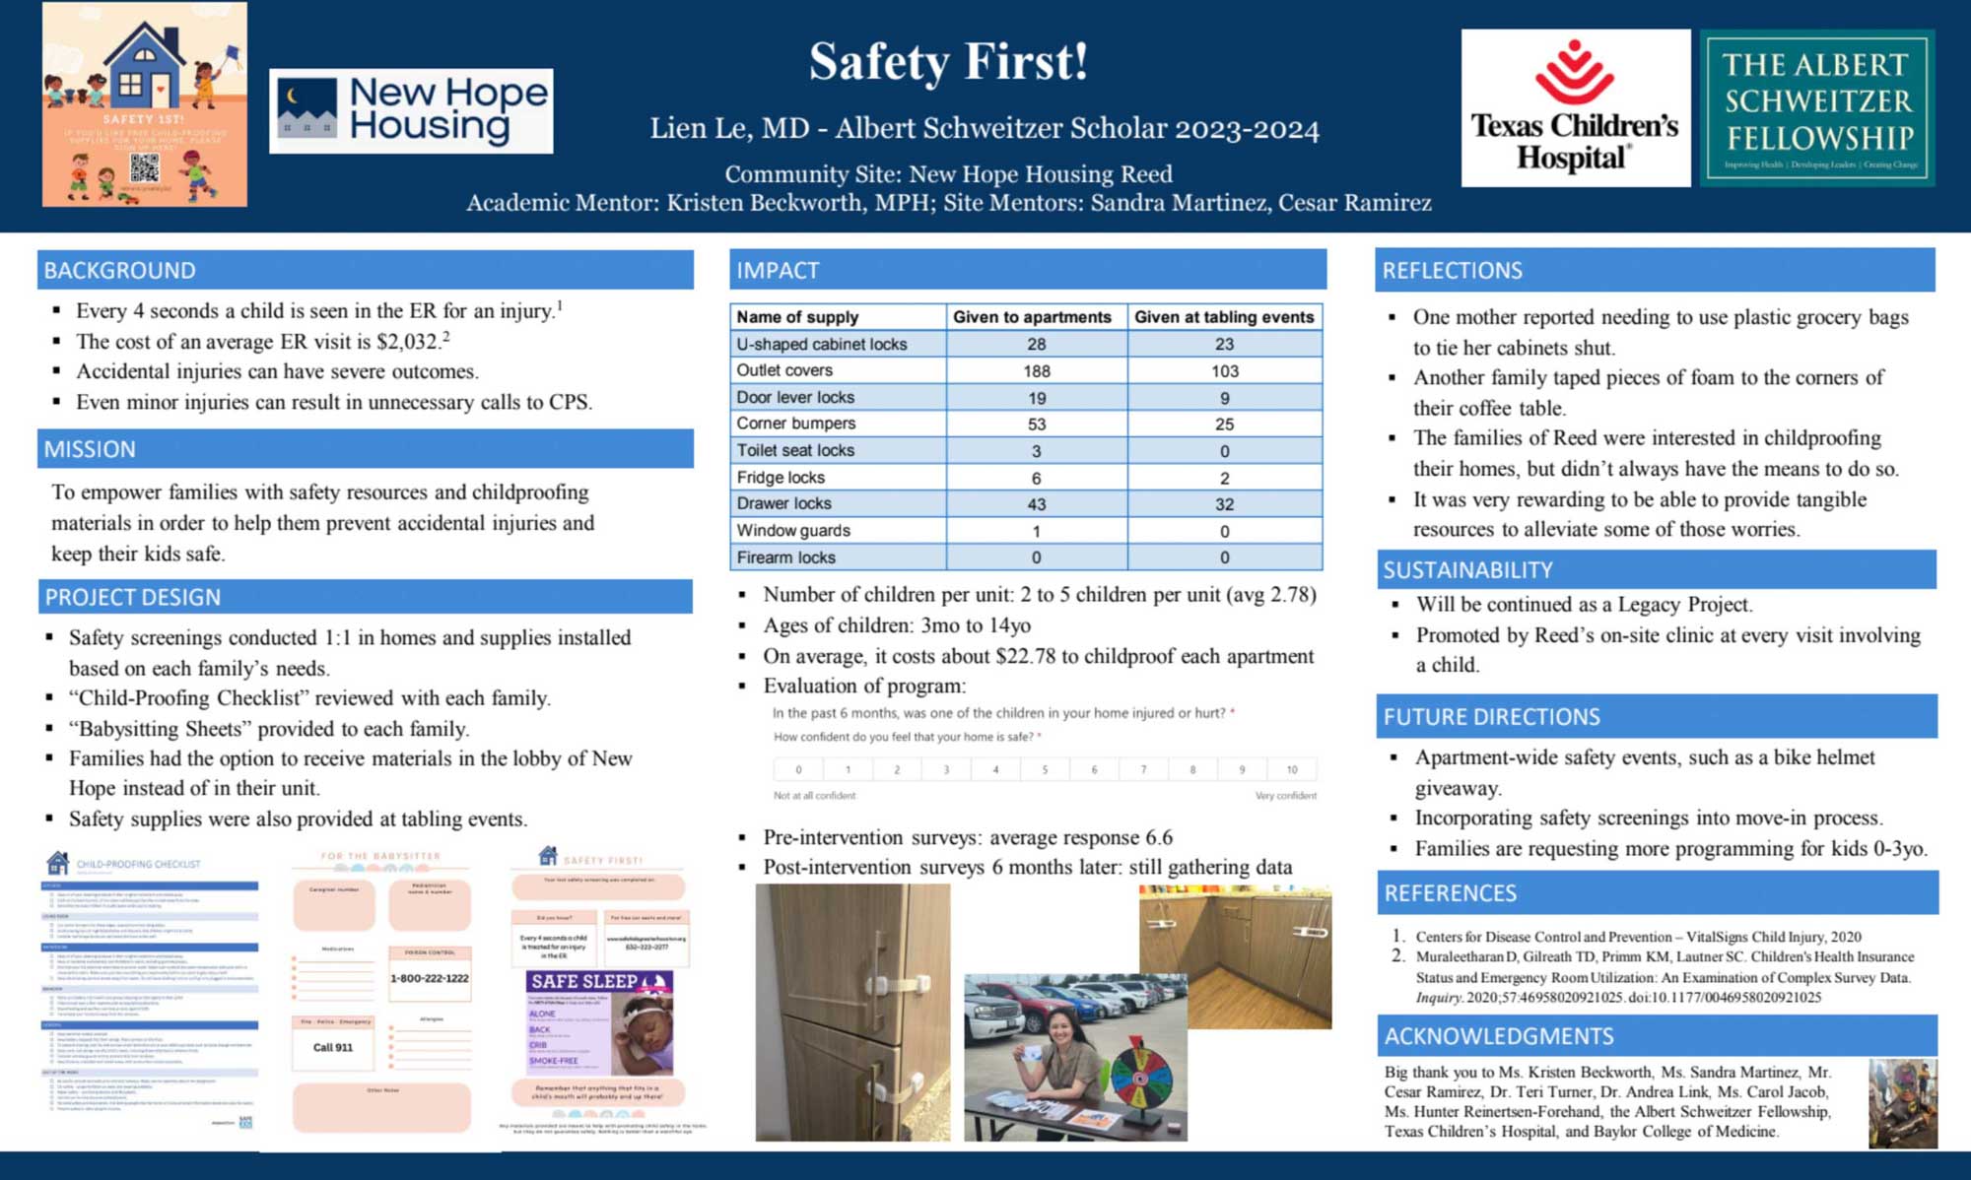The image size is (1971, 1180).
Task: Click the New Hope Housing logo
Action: [411, 110]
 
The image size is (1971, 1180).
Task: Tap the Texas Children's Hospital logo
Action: [1575, 108]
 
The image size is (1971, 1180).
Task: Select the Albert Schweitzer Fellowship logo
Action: [1817, 108]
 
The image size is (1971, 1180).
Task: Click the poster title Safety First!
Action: [948, 62]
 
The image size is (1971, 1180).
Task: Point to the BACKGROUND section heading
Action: [120, 270]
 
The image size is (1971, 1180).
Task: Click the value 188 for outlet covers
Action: [1036, 371]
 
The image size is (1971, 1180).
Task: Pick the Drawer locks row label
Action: [784, 503]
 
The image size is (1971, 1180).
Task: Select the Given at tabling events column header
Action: [1224, 317]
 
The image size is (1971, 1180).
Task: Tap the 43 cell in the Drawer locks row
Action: [1036, 504]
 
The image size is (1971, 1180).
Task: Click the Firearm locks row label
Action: [786, 557]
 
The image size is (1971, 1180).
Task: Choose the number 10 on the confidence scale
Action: [1291, 769]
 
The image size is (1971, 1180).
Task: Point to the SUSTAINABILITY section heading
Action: [1467, 570]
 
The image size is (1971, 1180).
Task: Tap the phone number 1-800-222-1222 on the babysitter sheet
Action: [430, 978]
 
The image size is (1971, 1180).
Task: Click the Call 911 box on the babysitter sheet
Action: [333, 1047]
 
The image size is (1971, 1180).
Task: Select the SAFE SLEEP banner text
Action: [584, 982]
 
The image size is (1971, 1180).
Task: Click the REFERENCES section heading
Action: [1451, 893]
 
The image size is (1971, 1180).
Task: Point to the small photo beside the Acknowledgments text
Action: [1902, 1103]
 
